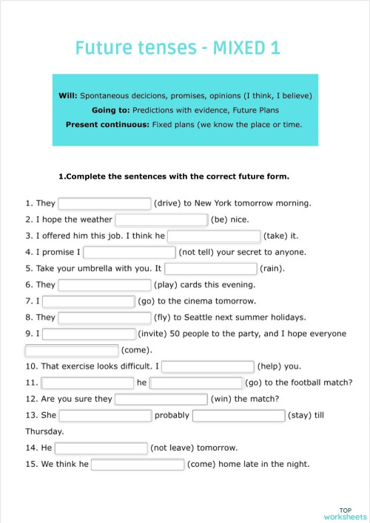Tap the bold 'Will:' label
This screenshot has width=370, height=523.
68,96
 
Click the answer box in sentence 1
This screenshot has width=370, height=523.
104,203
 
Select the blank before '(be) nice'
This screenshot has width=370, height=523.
161,219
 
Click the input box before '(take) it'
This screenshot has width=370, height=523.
214,236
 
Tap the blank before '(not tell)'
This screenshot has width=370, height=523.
129,252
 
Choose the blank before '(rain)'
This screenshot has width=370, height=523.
211,268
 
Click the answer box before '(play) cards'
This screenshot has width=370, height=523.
104,284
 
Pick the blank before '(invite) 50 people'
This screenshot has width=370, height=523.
89,334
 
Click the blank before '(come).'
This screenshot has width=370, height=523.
72,350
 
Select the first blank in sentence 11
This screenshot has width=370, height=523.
87,383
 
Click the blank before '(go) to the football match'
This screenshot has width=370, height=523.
197,383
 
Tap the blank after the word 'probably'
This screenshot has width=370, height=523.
238,415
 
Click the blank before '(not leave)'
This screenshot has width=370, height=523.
101,448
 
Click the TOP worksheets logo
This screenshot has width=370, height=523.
345,513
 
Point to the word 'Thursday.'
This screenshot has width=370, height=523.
44,431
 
